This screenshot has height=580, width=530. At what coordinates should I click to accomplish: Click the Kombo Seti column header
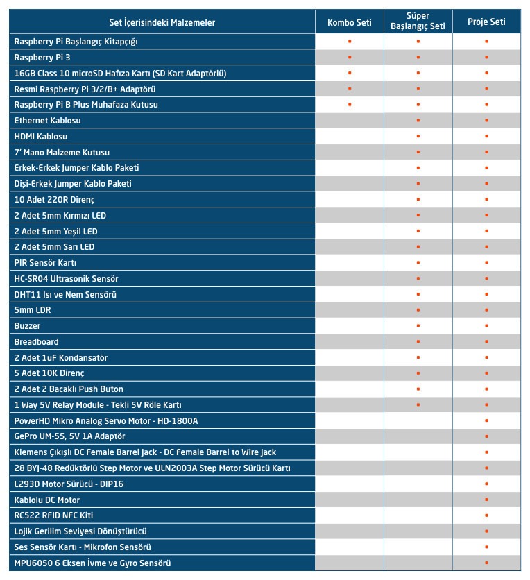[350, 22]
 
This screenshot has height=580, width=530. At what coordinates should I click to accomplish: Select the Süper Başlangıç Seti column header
[418, 22]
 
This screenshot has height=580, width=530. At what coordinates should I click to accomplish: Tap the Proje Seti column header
[486, 22]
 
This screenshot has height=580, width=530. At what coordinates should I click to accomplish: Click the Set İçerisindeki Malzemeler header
[162, 22]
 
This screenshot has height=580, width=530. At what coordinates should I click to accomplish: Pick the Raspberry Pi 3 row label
[42, 58]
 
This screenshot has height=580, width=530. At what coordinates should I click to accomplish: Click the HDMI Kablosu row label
[41, 137]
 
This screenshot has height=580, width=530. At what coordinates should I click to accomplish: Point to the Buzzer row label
[27, 326]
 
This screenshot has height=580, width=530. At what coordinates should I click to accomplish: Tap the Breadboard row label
[36, 342]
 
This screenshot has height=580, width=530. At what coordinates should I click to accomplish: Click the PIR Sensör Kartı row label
[45, 263]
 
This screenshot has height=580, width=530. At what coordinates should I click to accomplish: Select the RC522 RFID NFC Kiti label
[53, 515]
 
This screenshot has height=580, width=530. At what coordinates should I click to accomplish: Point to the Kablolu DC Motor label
[47, 500]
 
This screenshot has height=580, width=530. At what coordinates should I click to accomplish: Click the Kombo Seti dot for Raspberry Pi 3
[350, 58]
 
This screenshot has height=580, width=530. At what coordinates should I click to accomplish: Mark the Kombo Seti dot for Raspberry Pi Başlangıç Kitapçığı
[350, 42]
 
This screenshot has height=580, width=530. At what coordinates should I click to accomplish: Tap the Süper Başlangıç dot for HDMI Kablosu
[418, 137]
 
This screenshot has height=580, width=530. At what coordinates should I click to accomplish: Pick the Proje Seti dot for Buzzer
[486, 326]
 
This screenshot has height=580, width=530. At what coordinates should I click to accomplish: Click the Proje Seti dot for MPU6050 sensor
[486, 563]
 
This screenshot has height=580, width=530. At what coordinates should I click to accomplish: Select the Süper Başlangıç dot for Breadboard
[418, 342]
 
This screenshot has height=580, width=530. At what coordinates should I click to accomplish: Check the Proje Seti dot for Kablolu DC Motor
[486, 500]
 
